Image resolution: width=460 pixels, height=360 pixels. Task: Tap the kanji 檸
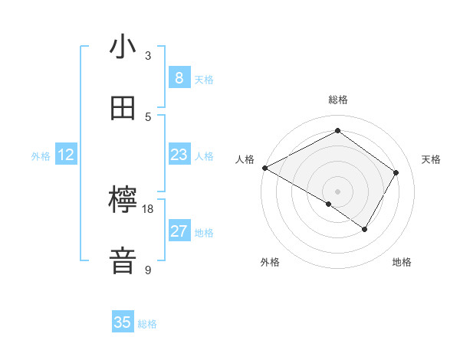[123, 201]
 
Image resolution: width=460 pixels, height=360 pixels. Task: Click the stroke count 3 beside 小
[148, 56]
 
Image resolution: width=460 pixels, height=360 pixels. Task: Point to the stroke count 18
[148, 208]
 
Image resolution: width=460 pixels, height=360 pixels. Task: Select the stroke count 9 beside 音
[148, 270]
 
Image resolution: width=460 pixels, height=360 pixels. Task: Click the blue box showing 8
[179, 78]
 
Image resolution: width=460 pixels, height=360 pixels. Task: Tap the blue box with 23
[179, 155]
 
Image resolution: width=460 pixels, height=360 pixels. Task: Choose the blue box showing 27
[179, 231]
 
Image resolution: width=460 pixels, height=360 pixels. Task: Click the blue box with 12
[66, 155]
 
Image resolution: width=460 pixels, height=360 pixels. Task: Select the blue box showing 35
[123, 322]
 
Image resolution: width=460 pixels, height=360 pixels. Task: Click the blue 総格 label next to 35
[147, 324]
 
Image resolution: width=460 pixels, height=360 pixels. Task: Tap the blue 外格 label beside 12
[41, 156]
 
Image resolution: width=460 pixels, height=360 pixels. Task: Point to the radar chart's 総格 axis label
[337, 100]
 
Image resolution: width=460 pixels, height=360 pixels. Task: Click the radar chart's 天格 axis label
[431, 159]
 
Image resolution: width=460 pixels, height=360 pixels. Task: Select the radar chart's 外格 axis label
[270, 262]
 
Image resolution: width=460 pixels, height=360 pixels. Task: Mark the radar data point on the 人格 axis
[264, 168]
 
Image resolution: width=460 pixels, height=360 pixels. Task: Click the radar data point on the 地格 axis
[365, 229]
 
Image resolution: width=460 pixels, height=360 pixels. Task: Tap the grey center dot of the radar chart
[337, 191]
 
